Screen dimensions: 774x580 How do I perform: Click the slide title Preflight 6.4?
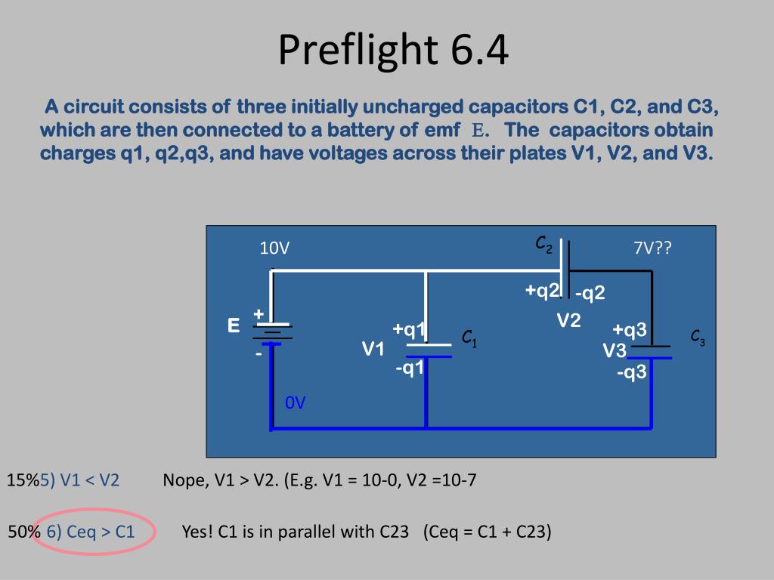(393, 50)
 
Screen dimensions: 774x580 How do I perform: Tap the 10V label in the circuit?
(274, 248)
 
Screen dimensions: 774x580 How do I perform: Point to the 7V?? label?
(652, 248)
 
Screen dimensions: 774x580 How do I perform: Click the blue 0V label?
(296, 403)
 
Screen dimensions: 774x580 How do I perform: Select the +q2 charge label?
(543, 291)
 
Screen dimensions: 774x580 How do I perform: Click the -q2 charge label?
(590, 293)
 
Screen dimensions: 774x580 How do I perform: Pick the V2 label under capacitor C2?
(569, 321)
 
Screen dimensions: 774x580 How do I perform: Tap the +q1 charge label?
(409, 329)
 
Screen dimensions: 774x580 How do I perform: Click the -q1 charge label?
(410, 368)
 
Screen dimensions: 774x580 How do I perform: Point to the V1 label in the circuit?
(373, 349)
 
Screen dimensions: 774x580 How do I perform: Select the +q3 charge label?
(630, 330)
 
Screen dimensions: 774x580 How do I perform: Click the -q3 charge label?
(631, 372)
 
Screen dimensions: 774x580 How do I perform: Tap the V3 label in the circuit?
(615, 351)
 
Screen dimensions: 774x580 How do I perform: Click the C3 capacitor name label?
(698, 337)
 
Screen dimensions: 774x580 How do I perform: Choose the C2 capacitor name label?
(544, 244)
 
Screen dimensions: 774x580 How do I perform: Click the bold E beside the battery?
(234, 326)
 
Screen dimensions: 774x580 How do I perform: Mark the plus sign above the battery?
(259, 313)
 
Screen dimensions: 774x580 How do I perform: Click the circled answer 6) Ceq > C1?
(91, 532)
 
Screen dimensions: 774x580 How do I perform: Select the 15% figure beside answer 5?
(23, 480)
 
